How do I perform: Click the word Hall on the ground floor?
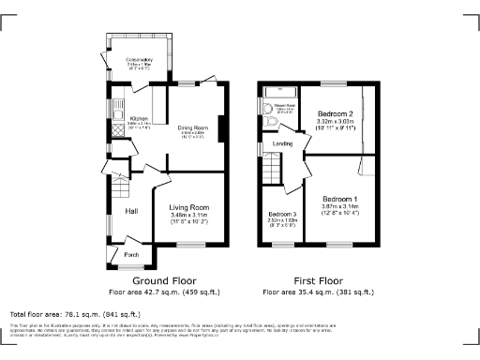(x=132, y=212)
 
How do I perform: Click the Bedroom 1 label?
(x=340, y=200)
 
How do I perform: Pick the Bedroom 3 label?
(x=281, y=216)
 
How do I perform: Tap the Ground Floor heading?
(x=163, y=280)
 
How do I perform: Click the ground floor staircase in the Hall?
(x=118, y=192)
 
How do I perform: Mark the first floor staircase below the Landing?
(x=272, y=171)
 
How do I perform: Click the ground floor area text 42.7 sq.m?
(x=163, y=292)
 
